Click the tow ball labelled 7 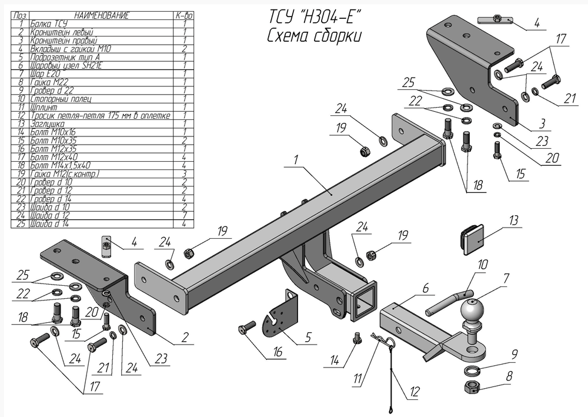click(471, 310)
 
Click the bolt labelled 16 click(246, 329)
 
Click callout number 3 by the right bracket click(542, 124)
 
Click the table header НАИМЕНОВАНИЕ click(98, 16)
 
